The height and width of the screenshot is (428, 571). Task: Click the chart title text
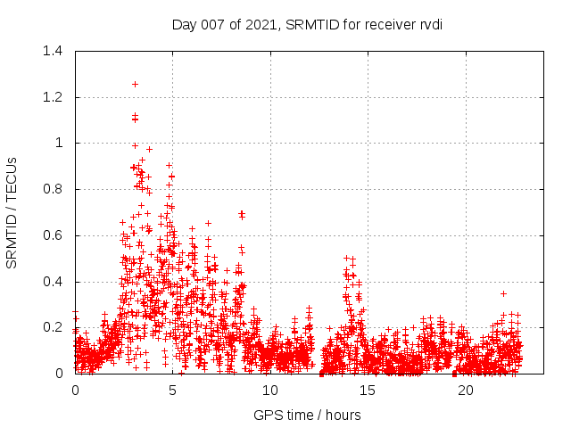tap(307, 24)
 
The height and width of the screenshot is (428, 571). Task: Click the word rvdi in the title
tap(430, 24)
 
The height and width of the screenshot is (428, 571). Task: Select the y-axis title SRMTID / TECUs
tap(12, 212)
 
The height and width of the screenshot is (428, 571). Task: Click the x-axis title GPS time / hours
tap(307, 415)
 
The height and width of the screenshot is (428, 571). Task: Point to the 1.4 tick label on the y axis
tap(54, 51)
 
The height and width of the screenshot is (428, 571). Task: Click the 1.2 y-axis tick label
tap(54, 97)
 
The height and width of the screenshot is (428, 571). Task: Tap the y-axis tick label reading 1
tap(60, 143)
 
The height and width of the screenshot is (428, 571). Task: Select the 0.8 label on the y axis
tap(54, 189)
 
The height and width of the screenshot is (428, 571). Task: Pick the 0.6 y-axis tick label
tap(54, 235)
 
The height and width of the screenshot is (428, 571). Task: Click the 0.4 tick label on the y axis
tap(54, 281)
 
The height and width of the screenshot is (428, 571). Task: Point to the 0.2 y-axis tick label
tap(54, 327)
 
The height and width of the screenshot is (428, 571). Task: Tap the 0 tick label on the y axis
tap(60, 374)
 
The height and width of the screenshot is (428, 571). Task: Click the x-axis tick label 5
tap(173, 391)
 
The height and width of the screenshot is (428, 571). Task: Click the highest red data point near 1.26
tap(135, 84)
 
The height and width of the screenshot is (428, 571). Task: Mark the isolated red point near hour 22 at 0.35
tap(503, 293)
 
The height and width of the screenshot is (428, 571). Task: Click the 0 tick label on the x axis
tap(75, 391)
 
